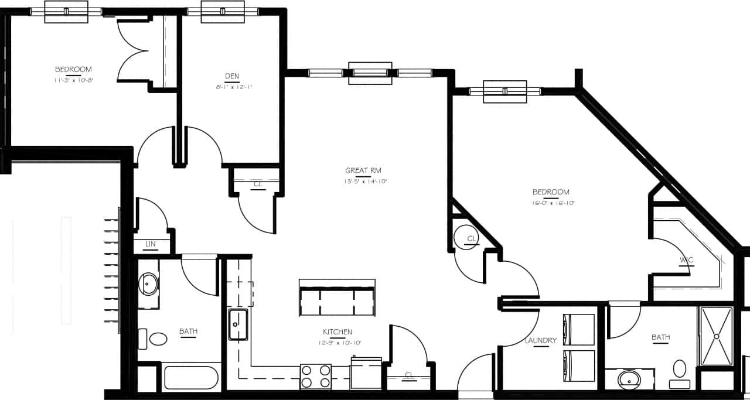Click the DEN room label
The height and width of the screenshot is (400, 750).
[232, 76]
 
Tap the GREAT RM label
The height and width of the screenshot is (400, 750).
[363, 170]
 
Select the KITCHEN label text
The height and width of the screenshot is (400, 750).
[337, 332]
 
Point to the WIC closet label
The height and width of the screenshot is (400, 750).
[687, 259]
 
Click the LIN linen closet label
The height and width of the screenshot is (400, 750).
[150, 244]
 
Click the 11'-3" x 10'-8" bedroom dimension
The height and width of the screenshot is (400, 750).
[73, 80]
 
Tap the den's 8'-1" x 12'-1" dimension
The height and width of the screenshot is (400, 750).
[232, 87]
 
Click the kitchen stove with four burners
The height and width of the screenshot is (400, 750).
[316, 377]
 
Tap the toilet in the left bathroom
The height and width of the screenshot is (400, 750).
[153, 339]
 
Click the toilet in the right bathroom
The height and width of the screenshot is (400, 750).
[680, 373]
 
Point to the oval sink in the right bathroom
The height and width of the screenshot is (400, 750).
[629, 380]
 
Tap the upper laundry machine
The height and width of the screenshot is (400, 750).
[579, 330]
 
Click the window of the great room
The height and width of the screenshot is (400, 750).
[370, 73]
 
